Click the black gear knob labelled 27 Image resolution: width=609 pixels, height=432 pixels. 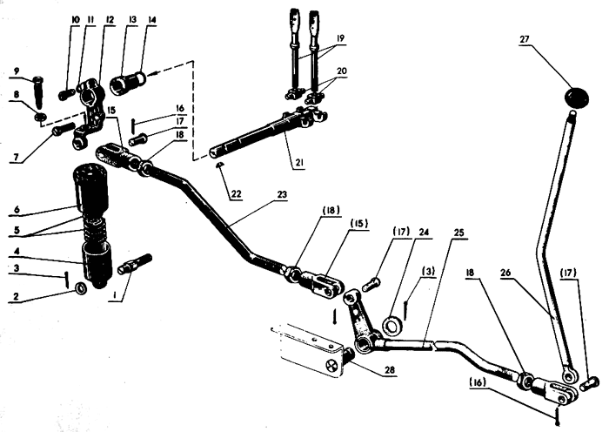(x=576, y=97)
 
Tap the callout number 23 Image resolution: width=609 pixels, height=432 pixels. (x=282, y=194)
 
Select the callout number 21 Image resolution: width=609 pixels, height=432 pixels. (x=299, y=163)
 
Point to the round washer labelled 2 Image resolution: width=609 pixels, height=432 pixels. (x=81, y=288)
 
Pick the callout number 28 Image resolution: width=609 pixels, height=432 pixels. (x=390, y=370)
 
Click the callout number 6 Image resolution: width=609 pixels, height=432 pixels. (x=17, y=210)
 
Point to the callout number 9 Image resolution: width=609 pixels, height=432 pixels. (x=17, y=71)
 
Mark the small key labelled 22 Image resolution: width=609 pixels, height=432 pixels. (x=220, y=165)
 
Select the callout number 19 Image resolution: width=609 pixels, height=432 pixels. (x=340, y=38)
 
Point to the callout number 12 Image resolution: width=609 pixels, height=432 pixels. (x=110, y=20)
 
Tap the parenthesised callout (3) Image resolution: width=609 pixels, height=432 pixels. (x=428, y=271)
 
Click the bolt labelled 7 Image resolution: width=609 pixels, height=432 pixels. (x=62, y=130)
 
